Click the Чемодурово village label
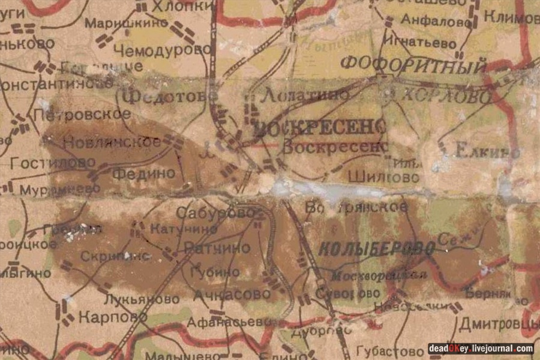tap(158, 50)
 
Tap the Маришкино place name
tap(125, 23)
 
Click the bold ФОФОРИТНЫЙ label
tap(413, 65)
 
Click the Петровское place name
tap(82, 113)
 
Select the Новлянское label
tap(112, 142)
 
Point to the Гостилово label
tap(53, 162)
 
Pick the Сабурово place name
tap(215, 212)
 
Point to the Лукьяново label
tap(141, 298)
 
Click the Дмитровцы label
tap(498, 325)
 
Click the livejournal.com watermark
tap(480, 349)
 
